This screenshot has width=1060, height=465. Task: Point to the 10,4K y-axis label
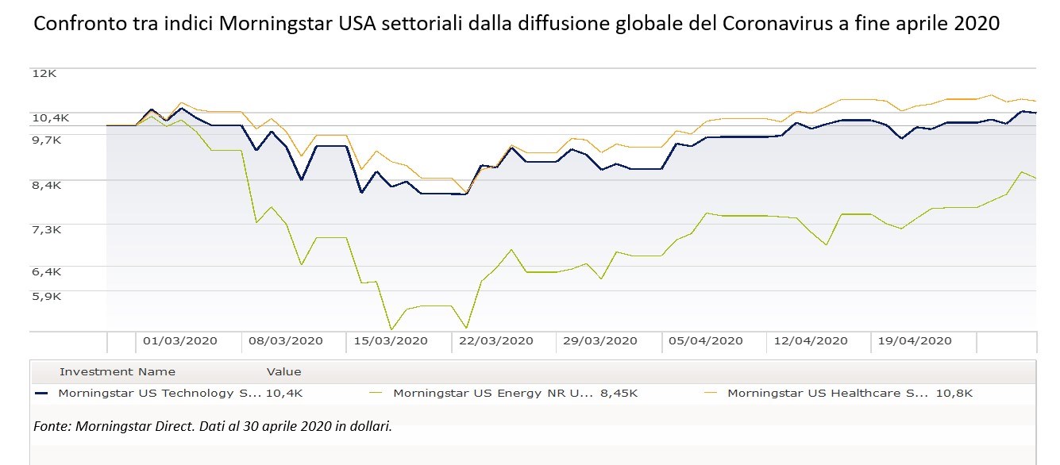coord(51,117)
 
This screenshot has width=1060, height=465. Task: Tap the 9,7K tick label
coord(48,139)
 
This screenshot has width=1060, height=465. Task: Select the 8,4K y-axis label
coord(48,184)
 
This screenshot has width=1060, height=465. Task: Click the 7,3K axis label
coord(48,229)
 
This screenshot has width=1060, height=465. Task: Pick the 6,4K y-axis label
coord(48,271)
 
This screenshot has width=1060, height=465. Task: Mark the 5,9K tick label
coord(48,296)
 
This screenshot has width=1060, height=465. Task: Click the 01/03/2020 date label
coord(179,341)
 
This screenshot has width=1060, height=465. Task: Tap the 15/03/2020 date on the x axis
coord(390,341)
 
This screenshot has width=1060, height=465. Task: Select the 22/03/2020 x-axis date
coord(495,341)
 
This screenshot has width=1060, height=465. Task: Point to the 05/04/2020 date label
coord(705,341)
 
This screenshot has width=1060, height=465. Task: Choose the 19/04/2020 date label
coord(914,341)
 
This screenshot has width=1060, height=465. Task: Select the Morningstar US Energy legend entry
coord(492,393)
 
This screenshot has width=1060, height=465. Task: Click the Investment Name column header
coord(118,371)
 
